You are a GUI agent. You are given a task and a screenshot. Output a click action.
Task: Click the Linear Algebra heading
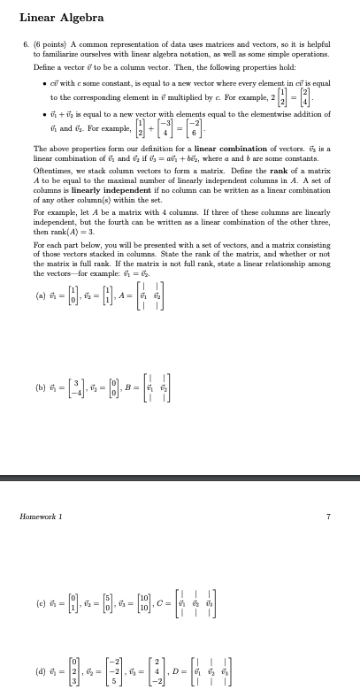[61, 17]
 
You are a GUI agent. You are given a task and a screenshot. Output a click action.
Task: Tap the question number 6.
[26, 42]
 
